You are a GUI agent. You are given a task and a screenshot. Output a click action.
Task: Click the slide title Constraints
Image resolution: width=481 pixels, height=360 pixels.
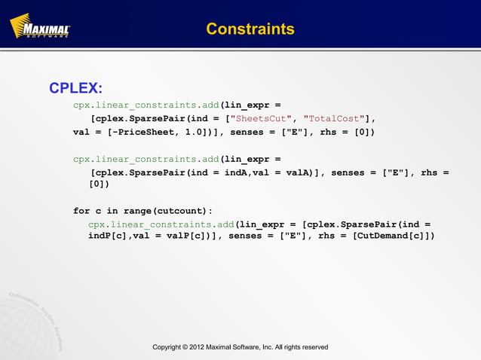[x=250, y=29]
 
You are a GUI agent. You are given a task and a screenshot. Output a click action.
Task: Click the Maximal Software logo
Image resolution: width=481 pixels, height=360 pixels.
[x=40, y=28]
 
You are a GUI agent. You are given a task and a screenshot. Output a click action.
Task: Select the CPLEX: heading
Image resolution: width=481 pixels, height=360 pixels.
[x=75, y=89]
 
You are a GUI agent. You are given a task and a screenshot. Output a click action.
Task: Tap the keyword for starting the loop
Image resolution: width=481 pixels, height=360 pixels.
[x=81, y=210]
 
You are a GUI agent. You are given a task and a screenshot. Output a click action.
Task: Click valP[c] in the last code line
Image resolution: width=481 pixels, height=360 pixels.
[x=188, y=236]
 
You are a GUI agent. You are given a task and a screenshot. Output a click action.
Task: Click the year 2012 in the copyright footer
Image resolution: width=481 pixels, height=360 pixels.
[x=205, y=347]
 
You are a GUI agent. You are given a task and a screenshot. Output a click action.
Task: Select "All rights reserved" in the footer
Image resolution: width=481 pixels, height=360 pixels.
[x=301, y=347]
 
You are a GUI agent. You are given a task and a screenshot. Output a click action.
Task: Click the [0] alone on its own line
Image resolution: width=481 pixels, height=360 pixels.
[x=99, y=184]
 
